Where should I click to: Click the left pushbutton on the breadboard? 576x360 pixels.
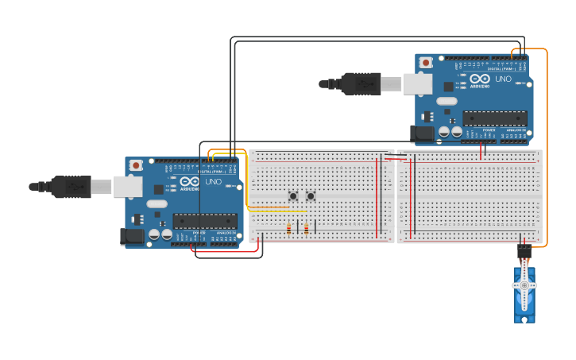(293, 195)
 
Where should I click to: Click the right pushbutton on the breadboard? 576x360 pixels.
(311, 195)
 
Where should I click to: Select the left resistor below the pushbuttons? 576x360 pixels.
(288, 230)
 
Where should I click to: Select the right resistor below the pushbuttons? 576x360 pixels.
(307, 230)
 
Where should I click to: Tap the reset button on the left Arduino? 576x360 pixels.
(136, 165)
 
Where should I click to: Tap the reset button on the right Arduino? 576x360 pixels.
(427, 63)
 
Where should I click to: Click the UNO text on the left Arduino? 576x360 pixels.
(214, 182)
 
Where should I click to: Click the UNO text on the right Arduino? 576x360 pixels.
(504, 79)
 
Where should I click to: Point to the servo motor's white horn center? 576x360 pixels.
(524, 285)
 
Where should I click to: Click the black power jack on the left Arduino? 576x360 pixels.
(130, 236)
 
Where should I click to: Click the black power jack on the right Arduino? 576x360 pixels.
(423, 134)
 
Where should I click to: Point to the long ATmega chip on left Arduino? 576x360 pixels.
(204, 221)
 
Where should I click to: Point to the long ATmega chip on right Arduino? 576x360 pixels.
(494, 118)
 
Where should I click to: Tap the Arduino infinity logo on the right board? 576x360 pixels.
(479, 79)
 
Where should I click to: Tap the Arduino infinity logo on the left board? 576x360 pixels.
(190, 182)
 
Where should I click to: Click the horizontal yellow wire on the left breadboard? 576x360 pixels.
(278, 211)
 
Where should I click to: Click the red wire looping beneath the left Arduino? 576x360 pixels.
(226, 252)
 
